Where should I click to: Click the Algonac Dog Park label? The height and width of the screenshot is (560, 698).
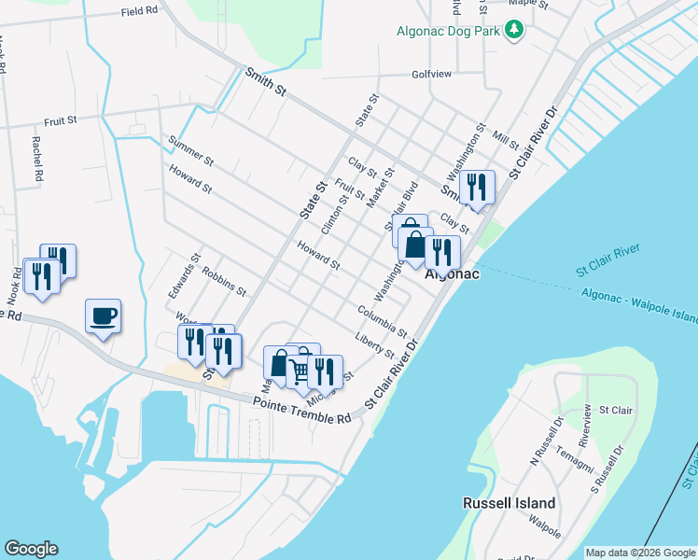(x=445, y=30)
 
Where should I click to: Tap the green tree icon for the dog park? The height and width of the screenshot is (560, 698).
(x=513, y=30)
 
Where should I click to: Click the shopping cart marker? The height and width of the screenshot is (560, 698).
(x=300, y=371)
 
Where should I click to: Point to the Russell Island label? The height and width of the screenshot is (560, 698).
(x=510, y=503)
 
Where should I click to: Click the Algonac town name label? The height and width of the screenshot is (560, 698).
(x=452, y=274)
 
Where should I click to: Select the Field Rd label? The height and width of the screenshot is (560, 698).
(x=140, y=13)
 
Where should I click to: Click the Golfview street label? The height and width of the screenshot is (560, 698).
(x=431, y=75)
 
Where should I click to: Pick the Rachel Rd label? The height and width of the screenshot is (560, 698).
(x=36, y=159)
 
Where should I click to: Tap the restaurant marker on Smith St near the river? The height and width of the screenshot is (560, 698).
(x=476, y=188)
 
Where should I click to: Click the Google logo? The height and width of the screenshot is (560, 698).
(x=31, y=549)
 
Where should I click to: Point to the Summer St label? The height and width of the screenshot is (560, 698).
(x=191, y=155)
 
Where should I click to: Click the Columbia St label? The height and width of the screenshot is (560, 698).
(x=382, y=320)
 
